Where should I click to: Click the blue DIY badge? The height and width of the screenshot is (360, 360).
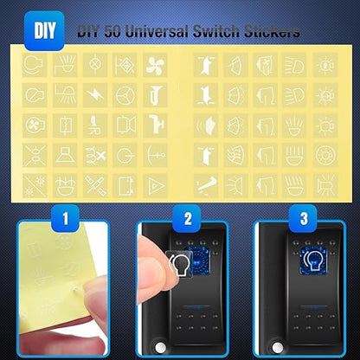point(44,30)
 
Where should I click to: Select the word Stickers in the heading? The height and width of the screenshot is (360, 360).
point(272,31)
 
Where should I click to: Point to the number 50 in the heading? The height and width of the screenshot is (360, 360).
point(112,31)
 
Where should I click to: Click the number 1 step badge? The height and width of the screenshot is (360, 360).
point(65,218)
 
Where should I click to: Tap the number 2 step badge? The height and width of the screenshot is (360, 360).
point(187,218)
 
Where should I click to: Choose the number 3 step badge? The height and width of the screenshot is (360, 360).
point(304,218)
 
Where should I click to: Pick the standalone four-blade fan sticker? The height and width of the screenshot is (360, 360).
point(155,65)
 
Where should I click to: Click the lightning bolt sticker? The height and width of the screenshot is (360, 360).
point(95,95)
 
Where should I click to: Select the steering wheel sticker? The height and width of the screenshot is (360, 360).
point(125,95)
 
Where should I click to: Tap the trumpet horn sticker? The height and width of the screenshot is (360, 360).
point(155,95)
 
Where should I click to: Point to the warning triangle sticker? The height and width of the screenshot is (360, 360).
point(155,185)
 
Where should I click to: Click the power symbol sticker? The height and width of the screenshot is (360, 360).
point(125,156)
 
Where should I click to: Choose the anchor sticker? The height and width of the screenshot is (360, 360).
point(155,156)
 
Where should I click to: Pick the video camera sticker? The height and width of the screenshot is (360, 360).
point(125,125)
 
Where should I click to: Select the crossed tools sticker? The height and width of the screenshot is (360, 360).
point(95,185)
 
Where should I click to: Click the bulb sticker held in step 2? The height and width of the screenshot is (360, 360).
point(180,264)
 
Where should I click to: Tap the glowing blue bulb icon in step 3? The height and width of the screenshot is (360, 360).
point(313,260)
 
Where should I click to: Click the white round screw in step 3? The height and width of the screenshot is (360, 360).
point(277,347)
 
